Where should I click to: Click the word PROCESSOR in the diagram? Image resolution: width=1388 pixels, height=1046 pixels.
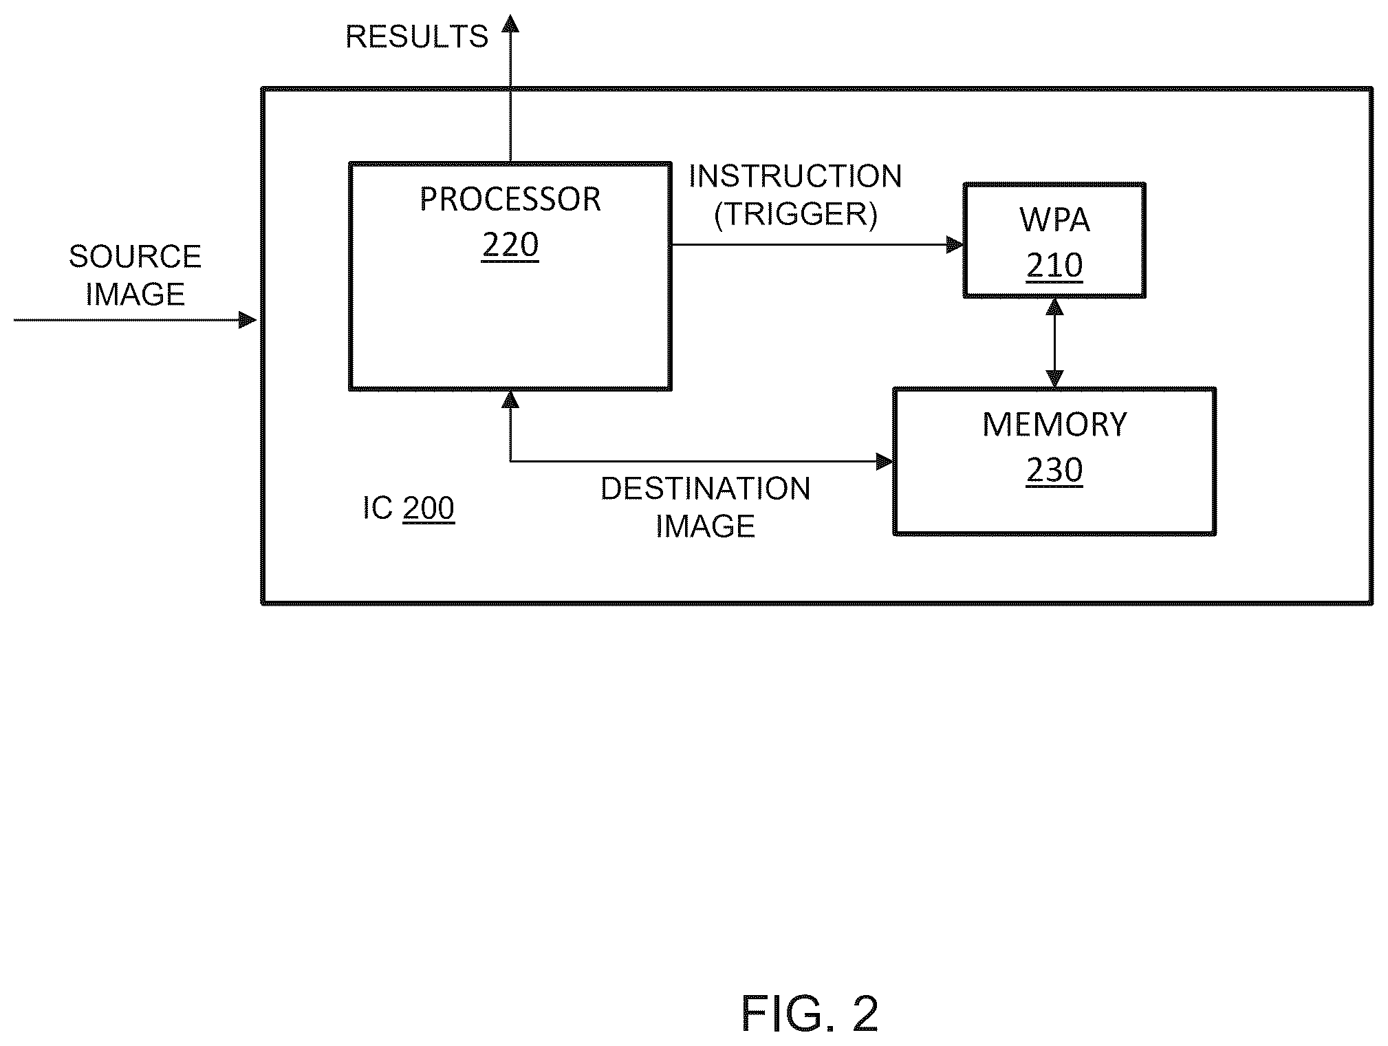click(510, 200)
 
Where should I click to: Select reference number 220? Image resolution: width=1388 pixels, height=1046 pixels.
click(510, 244)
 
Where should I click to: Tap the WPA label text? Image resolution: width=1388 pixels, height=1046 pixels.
click(1054, 220)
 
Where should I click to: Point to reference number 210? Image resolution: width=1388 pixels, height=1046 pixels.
click(1054, 265)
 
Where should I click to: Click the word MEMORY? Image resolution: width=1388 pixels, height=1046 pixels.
click(1054, 425)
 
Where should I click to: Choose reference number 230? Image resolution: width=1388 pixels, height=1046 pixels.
click(1054, 470)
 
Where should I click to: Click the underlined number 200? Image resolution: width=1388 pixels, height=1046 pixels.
click(429, 509)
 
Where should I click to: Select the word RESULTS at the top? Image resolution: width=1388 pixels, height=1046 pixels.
click(417, 36)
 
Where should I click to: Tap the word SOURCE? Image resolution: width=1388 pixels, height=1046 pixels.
click(135, 257)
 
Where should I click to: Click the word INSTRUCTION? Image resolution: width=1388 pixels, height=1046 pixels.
click(795, 177)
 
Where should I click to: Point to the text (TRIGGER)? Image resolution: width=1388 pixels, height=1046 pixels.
click(796, 215)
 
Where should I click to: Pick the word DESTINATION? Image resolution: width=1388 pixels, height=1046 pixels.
click(706, 489)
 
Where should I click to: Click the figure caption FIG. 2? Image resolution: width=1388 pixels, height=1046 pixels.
click(810, 1014)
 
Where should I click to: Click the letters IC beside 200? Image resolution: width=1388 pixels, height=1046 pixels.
click(378, 509)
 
